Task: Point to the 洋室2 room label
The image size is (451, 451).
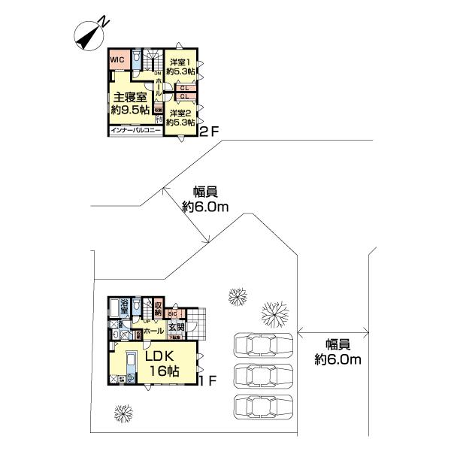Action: coord(180,117)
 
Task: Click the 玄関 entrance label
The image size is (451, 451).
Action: coord(176,327)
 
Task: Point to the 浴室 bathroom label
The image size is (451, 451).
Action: coord(119,307)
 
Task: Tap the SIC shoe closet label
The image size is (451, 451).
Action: coord(171,313)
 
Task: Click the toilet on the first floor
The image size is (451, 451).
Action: coord(137,309)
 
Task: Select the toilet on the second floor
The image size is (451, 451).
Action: coord(136,58)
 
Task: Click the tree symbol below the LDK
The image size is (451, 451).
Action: coord(122,413)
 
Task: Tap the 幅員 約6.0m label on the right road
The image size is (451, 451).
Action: coord(337,352)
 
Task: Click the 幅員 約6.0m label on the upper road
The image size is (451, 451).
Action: coord(205,199)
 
